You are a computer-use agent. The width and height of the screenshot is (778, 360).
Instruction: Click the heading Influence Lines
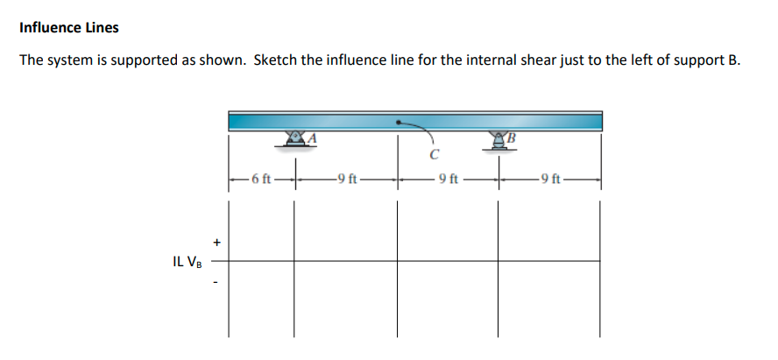pyautogui.click(x=68, y=27)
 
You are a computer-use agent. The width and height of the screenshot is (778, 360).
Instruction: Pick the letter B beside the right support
pyautogui.click(x=514, y=136)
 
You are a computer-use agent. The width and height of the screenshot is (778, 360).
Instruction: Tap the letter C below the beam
pyautogui.click(x=435, y=158)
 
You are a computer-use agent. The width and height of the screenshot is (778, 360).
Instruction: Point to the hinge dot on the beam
pyautogui.click(x=400, y=124)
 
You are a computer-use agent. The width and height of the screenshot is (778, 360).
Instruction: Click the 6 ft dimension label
pyautogui.click(x=261, y=180)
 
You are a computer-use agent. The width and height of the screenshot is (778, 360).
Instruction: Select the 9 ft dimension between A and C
pyautogui.click(x=346, y=180)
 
